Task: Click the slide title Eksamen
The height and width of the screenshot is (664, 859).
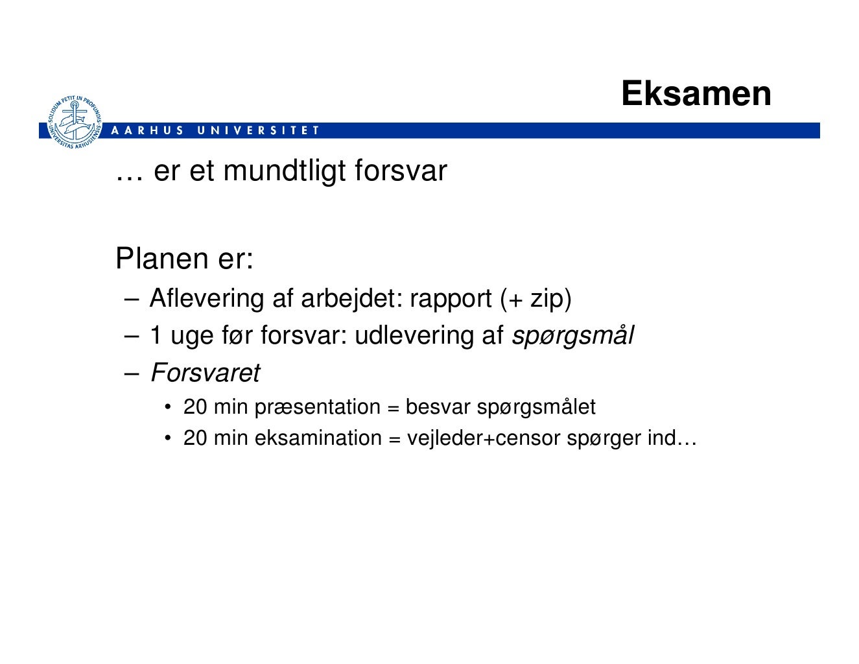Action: [x=696, y=93]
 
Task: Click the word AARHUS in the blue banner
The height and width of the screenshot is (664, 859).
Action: [x=148, y=130]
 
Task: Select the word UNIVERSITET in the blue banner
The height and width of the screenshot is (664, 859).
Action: [x=258, y=130]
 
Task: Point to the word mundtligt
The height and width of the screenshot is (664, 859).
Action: [x=285, y=171]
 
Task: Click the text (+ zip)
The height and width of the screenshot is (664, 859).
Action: [x=536, y=298]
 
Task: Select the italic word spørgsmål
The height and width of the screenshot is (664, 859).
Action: [x=573, y=336]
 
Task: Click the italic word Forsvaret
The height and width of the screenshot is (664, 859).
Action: [x=205, y=373]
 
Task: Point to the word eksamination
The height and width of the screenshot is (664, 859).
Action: [x=318, y=438]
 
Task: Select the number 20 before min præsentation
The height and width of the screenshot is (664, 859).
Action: [x=195, y=407]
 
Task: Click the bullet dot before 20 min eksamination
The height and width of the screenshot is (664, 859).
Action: [x=167, y=439]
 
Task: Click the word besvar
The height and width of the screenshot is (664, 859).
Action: [x=438, y=407]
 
